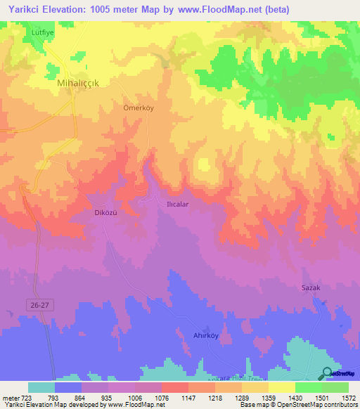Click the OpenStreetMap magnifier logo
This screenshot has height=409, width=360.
click(327, 374)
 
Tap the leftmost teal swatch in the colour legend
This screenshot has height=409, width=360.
click(41, 387)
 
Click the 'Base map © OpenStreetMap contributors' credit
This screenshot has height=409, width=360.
click(297, 405)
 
